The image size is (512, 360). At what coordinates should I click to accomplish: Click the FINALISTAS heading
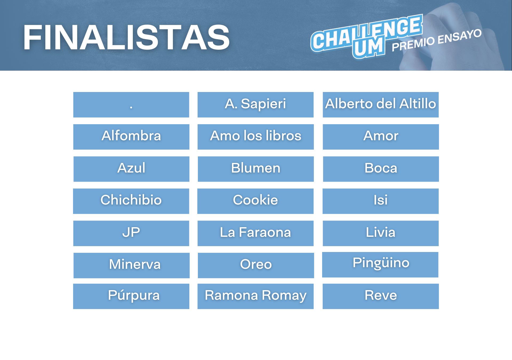pyautogui.click(x=126, y=38)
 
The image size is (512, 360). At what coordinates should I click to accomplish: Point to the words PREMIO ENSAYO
pyautogui.click(x=437, y=40)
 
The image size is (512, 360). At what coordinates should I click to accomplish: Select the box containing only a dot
pyautogui.click(x=131, y=105)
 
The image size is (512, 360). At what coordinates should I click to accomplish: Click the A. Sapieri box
pyautogui.click(x=255, y=105)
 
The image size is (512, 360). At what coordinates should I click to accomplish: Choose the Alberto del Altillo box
pyautogui.click(x=381, y=105)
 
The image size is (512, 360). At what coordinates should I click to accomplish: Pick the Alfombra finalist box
pyautogui.click(x=131, y=137)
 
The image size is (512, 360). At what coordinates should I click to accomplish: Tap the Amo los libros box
pyautogui.click(x=255, y=137)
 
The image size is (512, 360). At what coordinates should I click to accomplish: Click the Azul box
pyautogui.click(x=131, y=169)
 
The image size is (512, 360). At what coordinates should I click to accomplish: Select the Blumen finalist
pyautogui.click(x=256, y=169)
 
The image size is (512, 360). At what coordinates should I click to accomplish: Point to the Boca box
pyautogui.click(x=381, y=169)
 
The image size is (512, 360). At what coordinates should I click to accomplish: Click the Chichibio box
pyautogui.click(x=131, y=201)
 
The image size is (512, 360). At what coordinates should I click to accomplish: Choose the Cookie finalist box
pyautogui.click(x=255, y=201)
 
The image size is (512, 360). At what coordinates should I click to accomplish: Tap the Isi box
pyautogui.click(x=381, y=201)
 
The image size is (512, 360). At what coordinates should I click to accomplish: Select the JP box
pyautogui.click(x=131, y=233)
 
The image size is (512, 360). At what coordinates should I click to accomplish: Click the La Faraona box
pyautogui.click(x=255, y=233)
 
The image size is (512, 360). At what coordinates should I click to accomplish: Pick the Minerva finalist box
pyautogui.click(x=131, y=265)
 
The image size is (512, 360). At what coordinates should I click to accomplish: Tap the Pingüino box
pyautogui.click(x=380, y=265)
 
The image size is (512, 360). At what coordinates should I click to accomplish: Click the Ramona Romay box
pyautogui.click(x=255, y=296)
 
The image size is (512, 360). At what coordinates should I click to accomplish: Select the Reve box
pyautogui.click(x=381, y=296)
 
